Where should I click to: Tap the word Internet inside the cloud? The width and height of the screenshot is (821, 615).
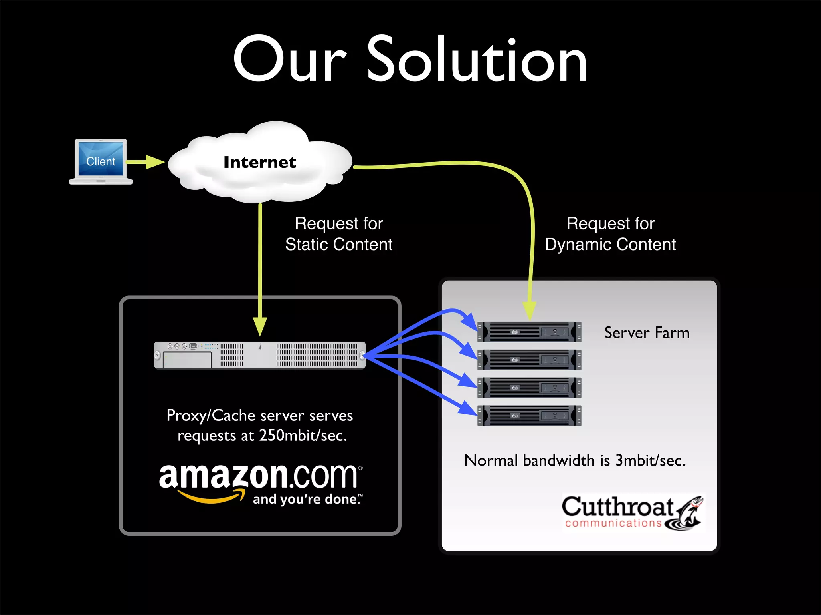pos(260,162)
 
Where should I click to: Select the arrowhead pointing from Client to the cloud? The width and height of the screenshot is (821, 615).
pos(155,162)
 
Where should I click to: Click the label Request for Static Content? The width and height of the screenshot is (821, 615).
pos(339,234)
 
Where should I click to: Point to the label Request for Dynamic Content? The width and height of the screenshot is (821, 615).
pos(610,234)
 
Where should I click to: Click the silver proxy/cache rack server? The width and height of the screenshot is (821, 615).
pos(260,355)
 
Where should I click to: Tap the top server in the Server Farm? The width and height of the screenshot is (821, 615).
pos(529,332)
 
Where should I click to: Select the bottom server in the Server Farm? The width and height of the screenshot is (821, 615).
pos(529,416)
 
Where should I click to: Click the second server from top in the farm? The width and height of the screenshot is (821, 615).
pos(529,360)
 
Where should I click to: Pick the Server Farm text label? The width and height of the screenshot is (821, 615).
pos(647,333)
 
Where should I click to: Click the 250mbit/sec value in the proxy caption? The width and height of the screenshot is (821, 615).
pos(303,436)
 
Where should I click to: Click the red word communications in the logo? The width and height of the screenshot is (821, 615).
pos(613,523)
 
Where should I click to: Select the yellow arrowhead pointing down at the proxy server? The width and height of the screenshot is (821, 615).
pos(260,326)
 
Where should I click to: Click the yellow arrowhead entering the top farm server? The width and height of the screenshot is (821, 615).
pos(530,311)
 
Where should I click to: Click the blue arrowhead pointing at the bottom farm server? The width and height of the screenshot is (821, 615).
pos(468,408)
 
